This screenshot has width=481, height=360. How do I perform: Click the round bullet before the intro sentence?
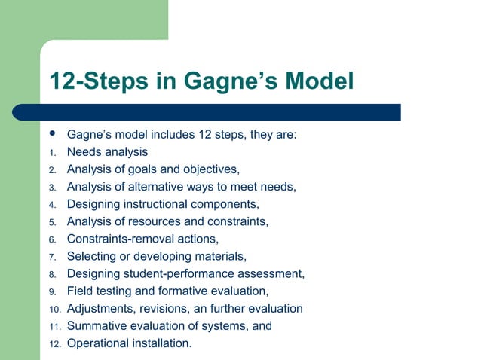pyautogui.click(x=52, y=134)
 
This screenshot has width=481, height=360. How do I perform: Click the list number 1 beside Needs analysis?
pyautogui.click(x=52, y=153)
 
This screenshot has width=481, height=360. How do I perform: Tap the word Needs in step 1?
pyautogui.click(x=84, y=152)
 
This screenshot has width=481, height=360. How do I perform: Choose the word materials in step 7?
pyautogui.click(x=219, y=256)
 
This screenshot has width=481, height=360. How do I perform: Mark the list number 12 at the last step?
pyautogui.click(x=54, y=344)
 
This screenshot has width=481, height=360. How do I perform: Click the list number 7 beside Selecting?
pyautogui.click(x=52, y=257)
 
